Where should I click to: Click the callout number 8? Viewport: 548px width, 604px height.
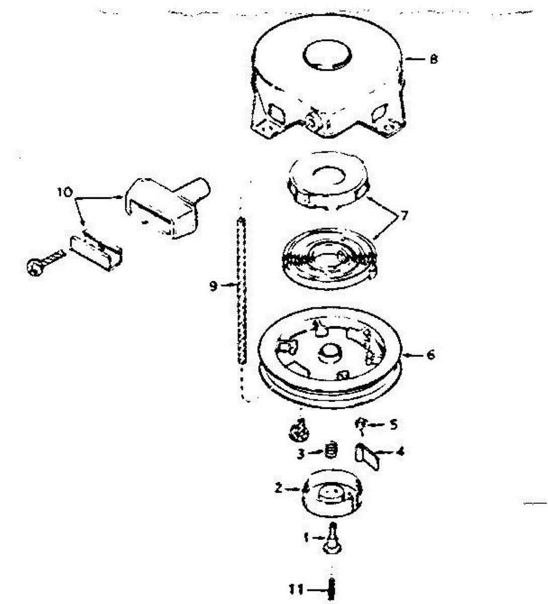pyautogui.click(x=434, y=59)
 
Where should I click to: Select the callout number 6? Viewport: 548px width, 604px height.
pyautogui.click(x=431, y=355)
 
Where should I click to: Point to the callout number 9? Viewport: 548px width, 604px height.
pyautogui.click(x=213, y=286)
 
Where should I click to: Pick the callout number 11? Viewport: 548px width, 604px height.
pyautogui.click(x=298, y=588)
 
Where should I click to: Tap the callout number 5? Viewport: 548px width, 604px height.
pyautogui.click(x=393, y=424)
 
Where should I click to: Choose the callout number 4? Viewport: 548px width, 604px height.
pyautogui.click(x=400, y=451)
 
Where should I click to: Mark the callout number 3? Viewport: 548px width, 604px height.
pyautogui.click(x=300, y=454)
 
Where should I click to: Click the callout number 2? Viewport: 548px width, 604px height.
pyautogui.click(x=278, y=487)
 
